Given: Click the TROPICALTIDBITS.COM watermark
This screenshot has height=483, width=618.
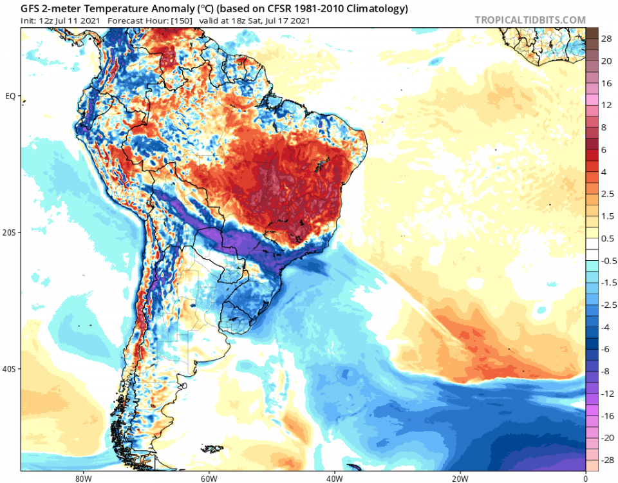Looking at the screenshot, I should pos(530,20).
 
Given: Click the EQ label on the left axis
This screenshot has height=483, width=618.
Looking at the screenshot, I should pos(10,97).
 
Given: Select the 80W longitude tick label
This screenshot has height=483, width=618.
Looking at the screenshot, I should pos(82,478).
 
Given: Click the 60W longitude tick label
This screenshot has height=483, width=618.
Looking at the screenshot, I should pos(208,478).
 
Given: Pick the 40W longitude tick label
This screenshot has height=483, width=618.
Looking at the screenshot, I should pos(333,478).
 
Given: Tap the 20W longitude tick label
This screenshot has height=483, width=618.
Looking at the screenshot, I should pos(459,478).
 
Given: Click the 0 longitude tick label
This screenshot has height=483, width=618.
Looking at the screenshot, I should pos(585,478).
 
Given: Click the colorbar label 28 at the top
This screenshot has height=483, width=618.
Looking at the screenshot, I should pos(606,39).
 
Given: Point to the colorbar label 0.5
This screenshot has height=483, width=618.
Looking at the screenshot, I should pos(606,238).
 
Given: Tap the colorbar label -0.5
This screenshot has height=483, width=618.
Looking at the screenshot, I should pos(606,261).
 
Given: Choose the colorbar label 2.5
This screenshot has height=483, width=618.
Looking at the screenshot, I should pos(606,194).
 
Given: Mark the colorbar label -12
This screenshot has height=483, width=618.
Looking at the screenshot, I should pos(606,393).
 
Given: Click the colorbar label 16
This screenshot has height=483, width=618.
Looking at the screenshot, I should pos(606,83).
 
